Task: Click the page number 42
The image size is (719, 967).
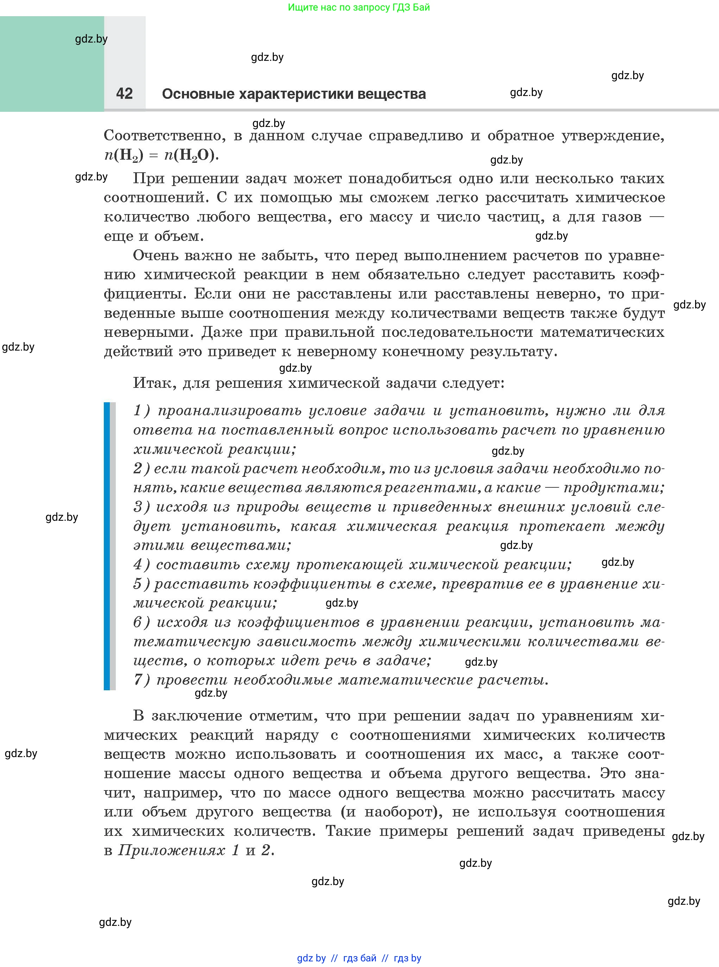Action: tap(125, 94)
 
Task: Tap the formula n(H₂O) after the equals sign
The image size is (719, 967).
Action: tap(190, 155)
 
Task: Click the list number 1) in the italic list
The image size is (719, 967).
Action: tap(141, 410)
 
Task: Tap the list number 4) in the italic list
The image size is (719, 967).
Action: tap(141, 564)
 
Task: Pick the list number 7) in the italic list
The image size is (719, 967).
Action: tap(141, 680)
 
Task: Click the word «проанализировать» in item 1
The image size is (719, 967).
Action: tap(228, 410)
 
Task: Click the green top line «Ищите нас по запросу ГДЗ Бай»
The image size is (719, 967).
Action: tap(359, 7)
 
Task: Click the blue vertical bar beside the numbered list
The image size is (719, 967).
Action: tap(107, 546)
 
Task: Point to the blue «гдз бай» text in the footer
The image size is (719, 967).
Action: tap(360, 958)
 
